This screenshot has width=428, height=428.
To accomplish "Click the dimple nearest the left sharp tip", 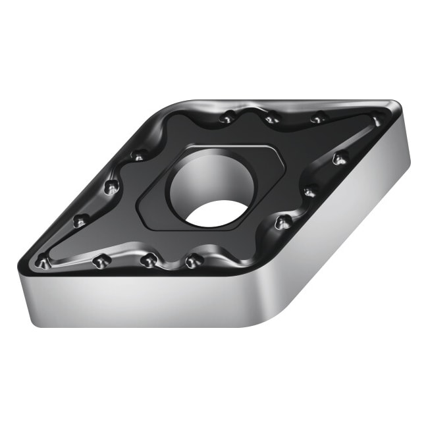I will [43, 262].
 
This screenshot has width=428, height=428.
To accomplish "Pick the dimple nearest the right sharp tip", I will [377, 121].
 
